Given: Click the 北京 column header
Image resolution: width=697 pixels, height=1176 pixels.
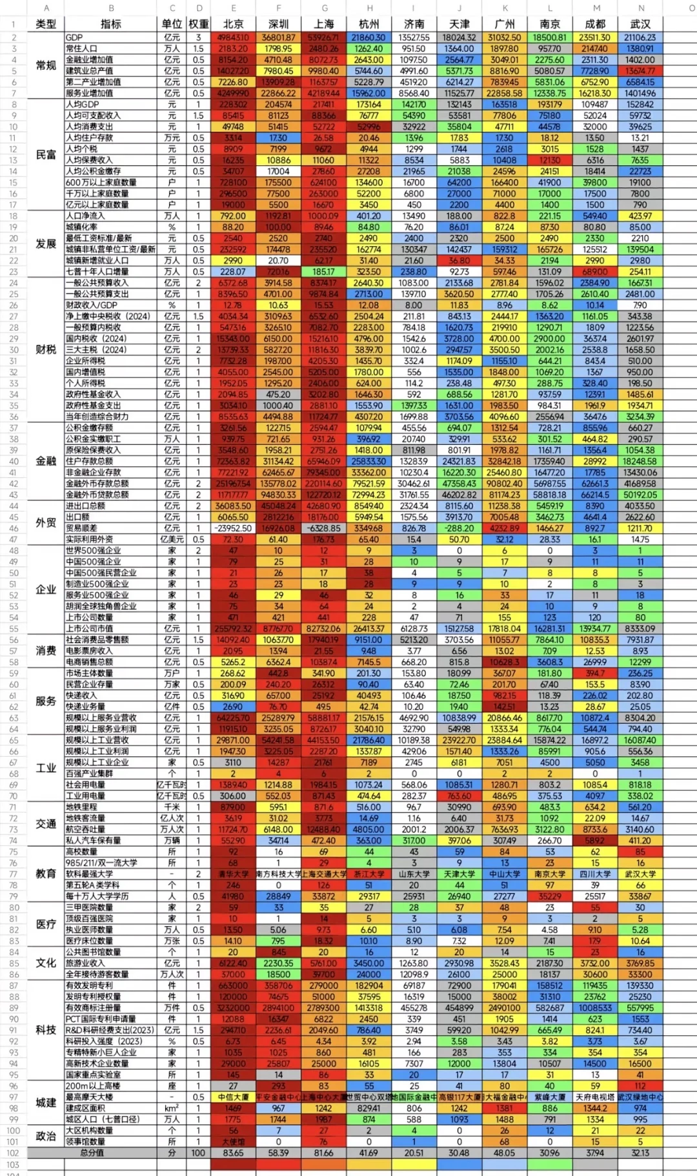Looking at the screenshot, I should coord(233,24).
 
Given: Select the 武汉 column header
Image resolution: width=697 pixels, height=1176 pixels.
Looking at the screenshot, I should coord(640,24).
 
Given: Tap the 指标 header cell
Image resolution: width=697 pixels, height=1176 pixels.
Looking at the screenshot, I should coord(111,24).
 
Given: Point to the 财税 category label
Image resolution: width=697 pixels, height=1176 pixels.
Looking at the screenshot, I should coord(46,349).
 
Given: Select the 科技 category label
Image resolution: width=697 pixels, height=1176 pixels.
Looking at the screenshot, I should coord(46,1030).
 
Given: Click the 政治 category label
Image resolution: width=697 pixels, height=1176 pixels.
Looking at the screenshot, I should coord(46,1136).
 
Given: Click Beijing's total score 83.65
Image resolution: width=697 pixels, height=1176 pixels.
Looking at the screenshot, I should coord(233,1153).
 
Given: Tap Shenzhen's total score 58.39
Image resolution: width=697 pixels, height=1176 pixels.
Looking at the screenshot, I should coord(278,1153).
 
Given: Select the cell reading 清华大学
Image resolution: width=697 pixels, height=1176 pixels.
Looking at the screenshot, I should coord(233,874).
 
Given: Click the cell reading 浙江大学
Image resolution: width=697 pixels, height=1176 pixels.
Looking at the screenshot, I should coord(369,874).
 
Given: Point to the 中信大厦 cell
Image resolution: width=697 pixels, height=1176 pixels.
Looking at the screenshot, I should coord(233,1097).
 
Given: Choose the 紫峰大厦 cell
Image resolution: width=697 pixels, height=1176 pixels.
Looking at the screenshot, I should coord(550,1097).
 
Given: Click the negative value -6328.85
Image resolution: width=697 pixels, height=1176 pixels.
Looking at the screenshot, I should coord(323,528).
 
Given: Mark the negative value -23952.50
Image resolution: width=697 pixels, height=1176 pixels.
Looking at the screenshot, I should coord(233,528).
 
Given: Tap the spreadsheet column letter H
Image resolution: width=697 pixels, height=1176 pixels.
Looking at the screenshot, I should coord(369,8).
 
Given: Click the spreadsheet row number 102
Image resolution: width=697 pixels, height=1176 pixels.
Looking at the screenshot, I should coord(13,1153).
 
